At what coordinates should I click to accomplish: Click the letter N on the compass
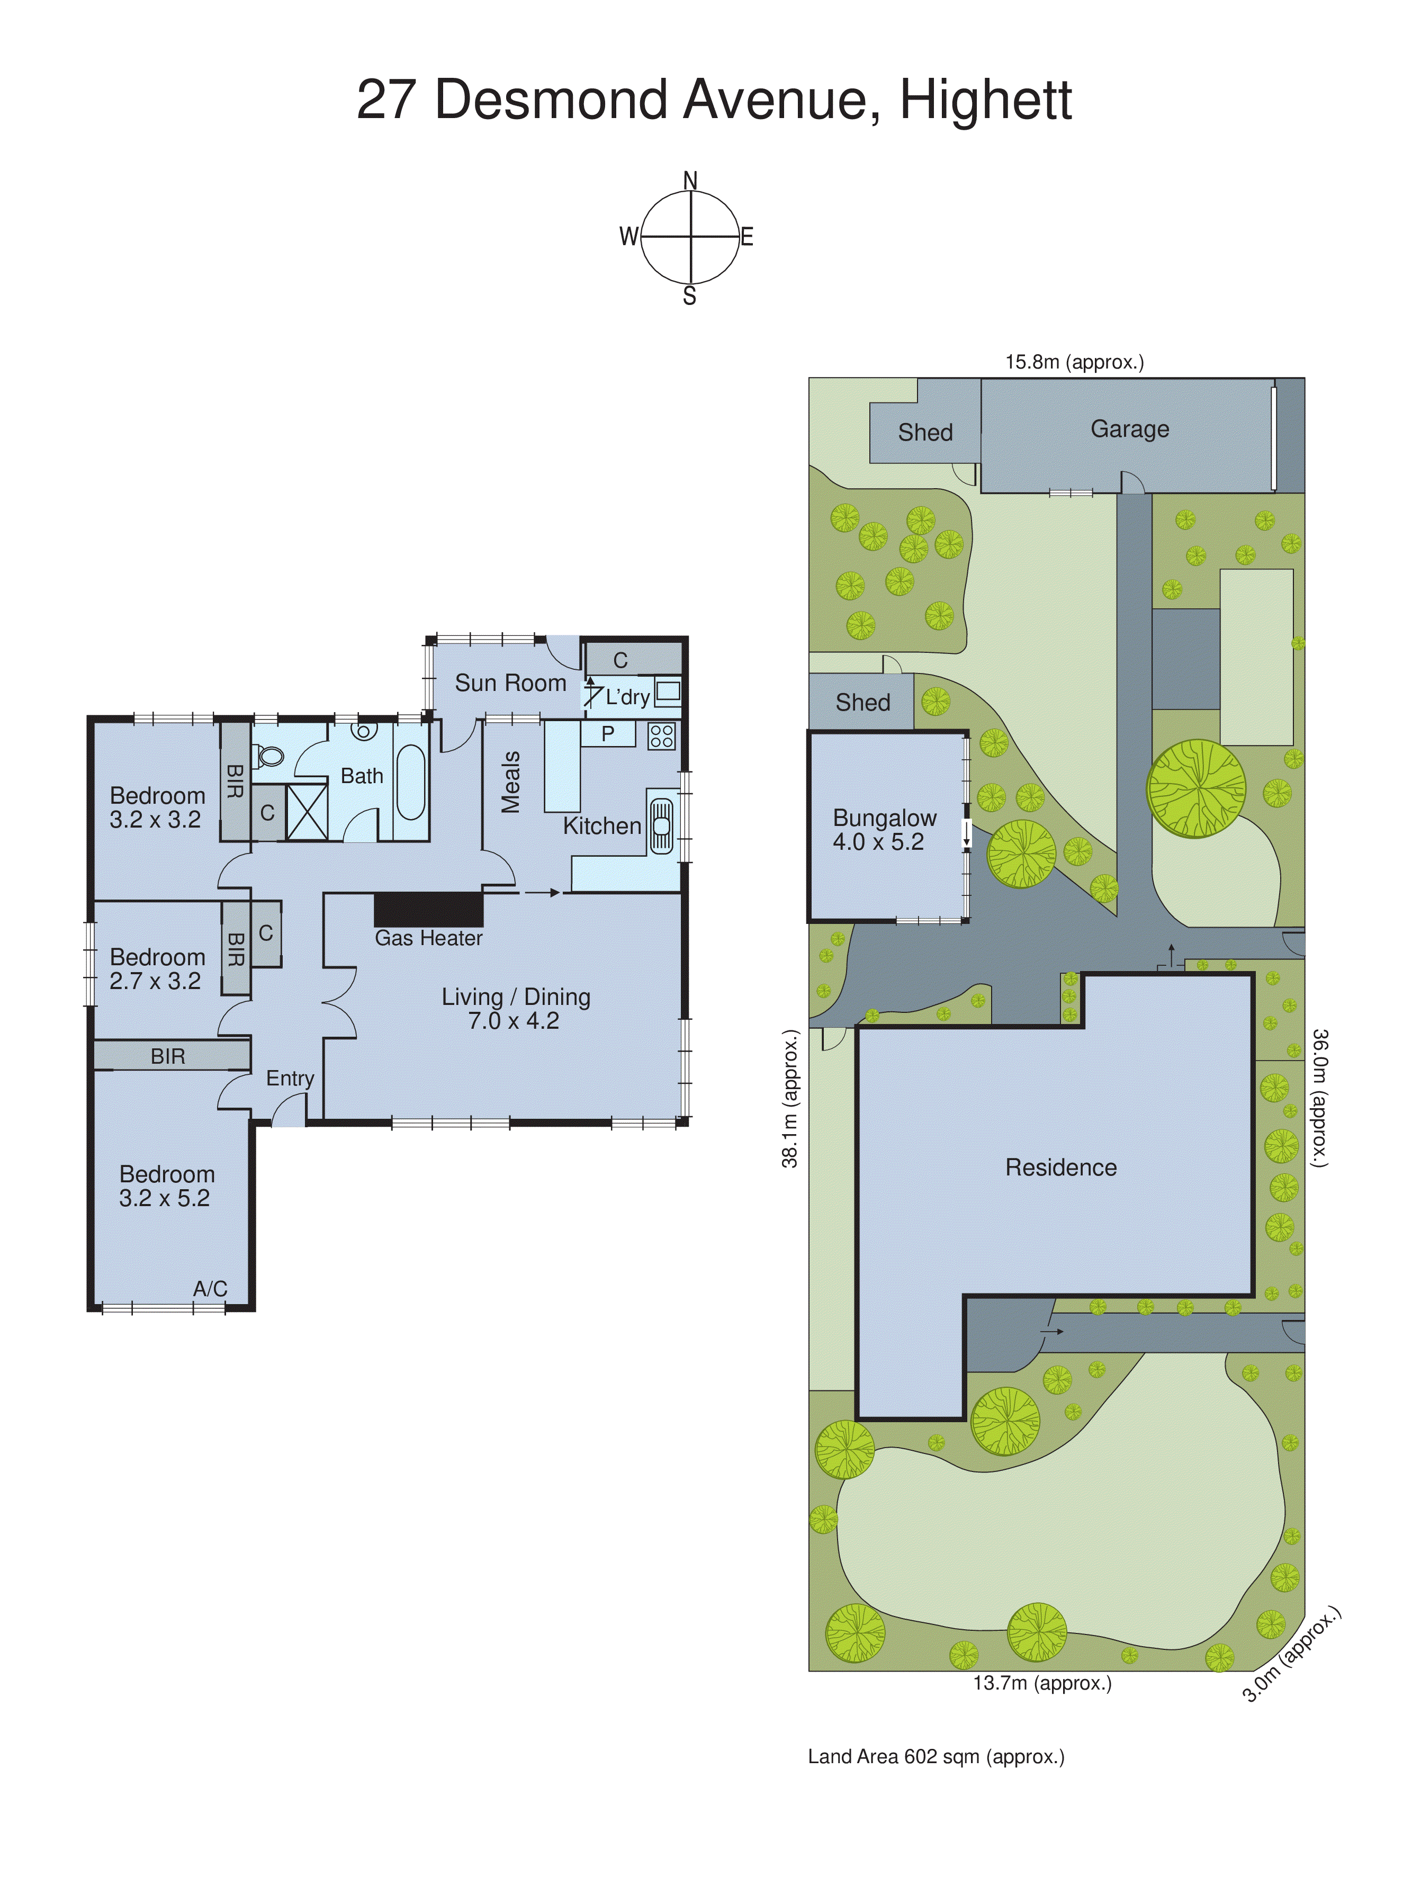point(690,181)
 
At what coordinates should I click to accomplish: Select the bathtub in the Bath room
point(411,782)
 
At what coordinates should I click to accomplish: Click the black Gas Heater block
point(429,909)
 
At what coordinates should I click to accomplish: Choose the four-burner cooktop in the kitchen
point(662,735)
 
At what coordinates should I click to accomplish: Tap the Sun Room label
point(510,683)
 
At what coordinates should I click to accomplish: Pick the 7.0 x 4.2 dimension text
point(514,1021)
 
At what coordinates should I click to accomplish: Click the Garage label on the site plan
point(1129,429)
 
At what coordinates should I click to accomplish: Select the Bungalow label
point(884,818)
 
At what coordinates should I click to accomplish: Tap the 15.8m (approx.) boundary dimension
point(1074,362)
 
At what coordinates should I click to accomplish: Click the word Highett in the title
point(985,100)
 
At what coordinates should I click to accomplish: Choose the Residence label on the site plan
point(1061,1167)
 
